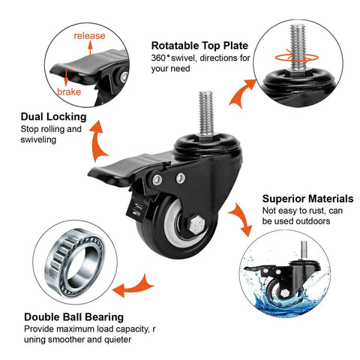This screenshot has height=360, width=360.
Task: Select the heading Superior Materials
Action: coord(307,199)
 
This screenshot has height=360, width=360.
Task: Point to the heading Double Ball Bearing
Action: coord(74,316)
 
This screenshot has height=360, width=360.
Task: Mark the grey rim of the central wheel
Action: coord(180,239)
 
